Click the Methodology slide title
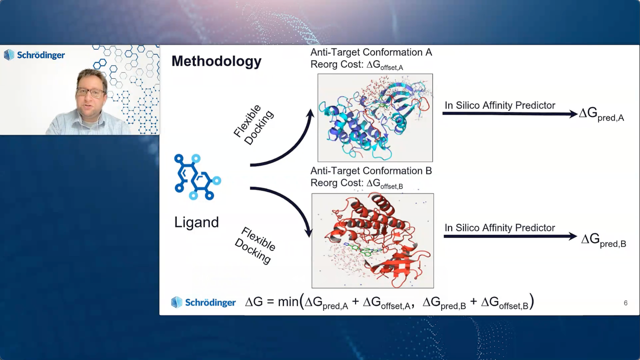click(x=216, y=61)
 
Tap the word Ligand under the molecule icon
click(x=197, y=222)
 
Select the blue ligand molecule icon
click(x=197, y=177)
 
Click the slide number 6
click(x=625, y=303)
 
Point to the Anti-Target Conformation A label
click(x=371, y=52)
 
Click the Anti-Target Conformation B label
click(x=371, y=171)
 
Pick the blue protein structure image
click(x=375, y=118)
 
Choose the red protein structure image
click(x=372, y=240)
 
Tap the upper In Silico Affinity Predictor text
click(x=500, y=105)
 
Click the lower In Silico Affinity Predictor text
click(x=500, y=228)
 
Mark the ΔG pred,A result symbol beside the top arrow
click(x=601, y=114)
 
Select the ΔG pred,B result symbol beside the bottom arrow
click(x=603, y=240)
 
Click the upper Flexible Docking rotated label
click(x=254, y=125)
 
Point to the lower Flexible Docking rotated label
click(x=255, y=246)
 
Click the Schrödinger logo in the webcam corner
click(x=34, y=55)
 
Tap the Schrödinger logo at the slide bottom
click(x=203, y=302)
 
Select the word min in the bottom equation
click(x=288, y=302)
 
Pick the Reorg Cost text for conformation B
click(x=357, y=183)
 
